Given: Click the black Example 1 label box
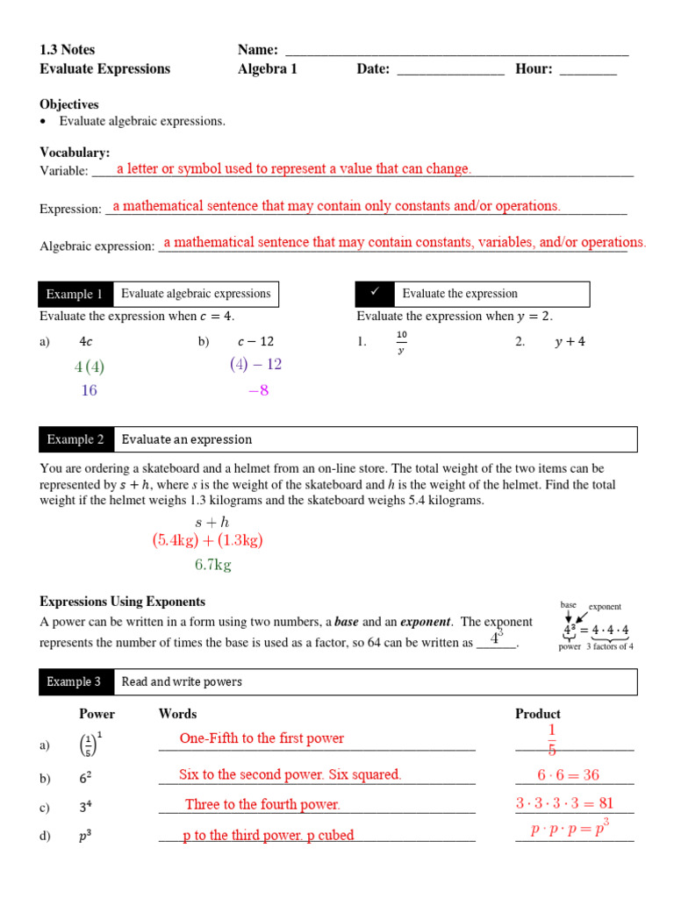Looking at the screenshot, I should click(75, 295).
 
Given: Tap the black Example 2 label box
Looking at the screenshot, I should click(75, 440).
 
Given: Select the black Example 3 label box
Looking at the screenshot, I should click(75, 682).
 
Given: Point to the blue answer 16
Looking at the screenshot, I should click(89, 391).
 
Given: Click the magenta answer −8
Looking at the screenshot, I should click(258, 391).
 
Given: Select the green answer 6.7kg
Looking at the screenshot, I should click(212, 566).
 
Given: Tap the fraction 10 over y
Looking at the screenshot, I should click(402, 343).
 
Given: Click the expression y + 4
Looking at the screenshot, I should click(570, 343).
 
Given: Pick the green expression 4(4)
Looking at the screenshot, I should click(90, 367).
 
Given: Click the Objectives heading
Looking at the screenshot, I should click(69, 104).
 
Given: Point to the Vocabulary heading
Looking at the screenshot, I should click(75, 153).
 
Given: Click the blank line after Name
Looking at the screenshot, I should click(457, 51).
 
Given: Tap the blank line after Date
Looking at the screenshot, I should click(450, 70).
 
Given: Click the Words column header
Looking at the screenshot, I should click(177, 714).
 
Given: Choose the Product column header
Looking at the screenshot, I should click(538, 714).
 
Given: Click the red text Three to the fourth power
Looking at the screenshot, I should click(262, 805).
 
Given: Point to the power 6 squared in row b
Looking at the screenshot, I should click(85, 778).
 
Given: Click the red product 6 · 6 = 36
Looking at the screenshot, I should click(569, 775).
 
